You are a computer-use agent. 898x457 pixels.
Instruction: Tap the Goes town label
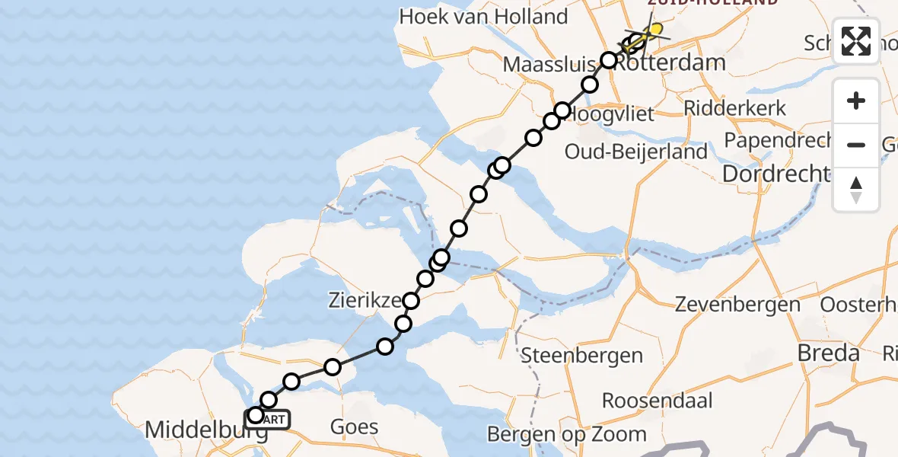coord(355,426)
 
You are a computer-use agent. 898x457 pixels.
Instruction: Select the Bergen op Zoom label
coord(567,434)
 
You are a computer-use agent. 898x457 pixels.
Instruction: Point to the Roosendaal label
coord(657,401)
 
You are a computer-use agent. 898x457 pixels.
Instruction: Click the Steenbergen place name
coord(582,355)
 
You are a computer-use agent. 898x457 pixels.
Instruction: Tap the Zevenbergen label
coord(737,305)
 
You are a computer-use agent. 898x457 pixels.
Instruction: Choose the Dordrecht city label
coord(775,174)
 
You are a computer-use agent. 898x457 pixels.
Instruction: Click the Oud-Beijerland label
coord(636,151)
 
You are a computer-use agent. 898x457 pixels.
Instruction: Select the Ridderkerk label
coord(734,108)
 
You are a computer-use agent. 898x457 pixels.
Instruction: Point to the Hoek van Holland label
coord(483,16)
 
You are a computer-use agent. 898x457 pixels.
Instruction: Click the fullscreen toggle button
coord(856,41)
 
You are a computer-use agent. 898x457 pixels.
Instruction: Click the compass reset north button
coord(856,190)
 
